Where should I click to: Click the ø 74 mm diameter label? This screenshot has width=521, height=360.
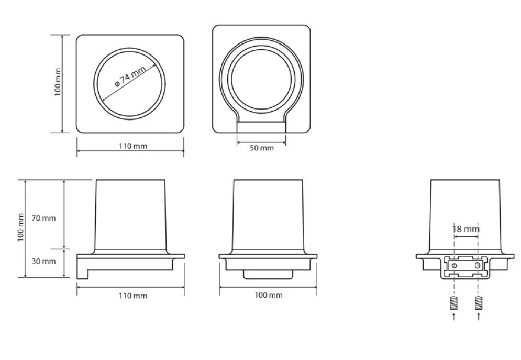click(130, 76)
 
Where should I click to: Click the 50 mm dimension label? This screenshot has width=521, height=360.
click(262, 148)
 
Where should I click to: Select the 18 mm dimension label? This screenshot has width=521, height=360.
click(466, 229)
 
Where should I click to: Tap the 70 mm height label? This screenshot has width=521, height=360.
click(43, 218)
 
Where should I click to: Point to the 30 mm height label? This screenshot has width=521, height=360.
click(43, 261)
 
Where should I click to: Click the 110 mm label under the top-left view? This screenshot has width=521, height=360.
click(133, 146)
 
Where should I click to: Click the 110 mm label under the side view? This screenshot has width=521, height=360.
click(133, 296)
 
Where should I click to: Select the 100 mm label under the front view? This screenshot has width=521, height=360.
click(269, 295)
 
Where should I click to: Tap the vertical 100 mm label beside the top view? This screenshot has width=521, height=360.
click(58, 82)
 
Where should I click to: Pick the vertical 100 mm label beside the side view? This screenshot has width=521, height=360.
click(21, 227)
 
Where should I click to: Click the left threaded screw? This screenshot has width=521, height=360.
click(454, 302)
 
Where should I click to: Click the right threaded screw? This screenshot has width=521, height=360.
click(479, 302)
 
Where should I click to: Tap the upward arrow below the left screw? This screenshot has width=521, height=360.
click(454, 317)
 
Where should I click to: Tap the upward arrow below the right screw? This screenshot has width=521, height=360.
click(479, 317)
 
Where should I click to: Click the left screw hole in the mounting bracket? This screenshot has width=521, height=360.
click(454, 265)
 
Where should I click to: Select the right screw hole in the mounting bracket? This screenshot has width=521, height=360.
click(478, 265)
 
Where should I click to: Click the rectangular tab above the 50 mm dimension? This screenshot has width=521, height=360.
click(261, 127)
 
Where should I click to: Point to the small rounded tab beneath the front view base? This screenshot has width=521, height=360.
click(268, 275)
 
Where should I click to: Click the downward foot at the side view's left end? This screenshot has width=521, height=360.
click(82, 272)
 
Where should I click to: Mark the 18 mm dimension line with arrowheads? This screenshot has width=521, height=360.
click(466, 237)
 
